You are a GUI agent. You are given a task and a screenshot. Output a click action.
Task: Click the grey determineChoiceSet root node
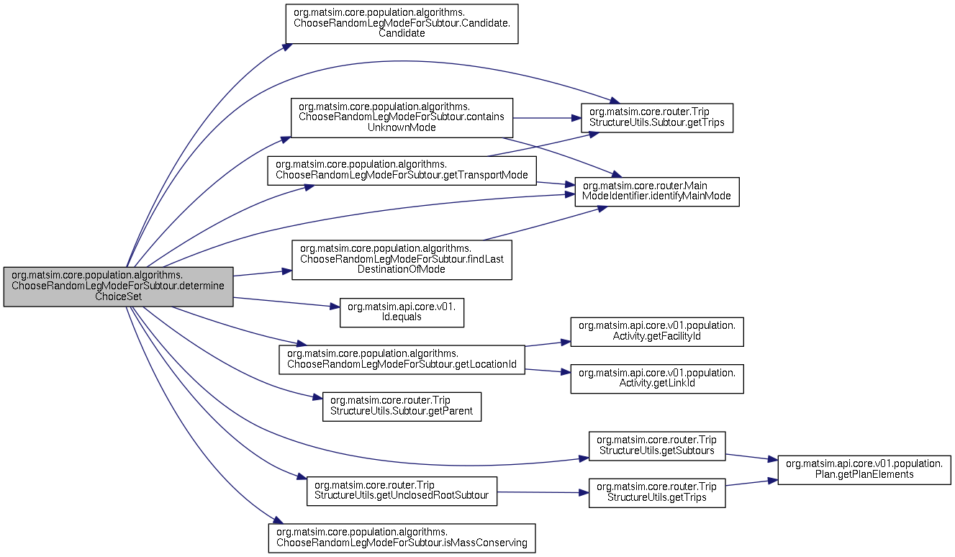pyautogui.click(x=119, y=286)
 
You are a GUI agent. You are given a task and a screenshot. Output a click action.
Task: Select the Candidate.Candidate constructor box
pyautogui.click(x=402, y=24)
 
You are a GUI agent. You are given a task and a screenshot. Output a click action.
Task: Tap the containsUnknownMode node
pyautogui.click(x=402, y=117)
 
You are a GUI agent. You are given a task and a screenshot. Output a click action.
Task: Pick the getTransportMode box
pyautogui.click(x=402, y=171)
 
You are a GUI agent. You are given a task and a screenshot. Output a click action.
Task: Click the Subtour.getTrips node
pyautogui.click(x=657, y=117)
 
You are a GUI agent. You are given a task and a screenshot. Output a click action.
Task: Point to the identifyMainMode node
pyautogui.click(x=657, y=191)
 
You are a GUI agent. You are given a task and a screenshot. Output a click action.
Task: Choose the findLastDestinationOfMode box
pyautogui.click(x=402, y=260)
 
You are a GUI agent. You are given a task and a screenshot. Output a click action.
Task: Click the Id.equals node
pyautogui.click(x=402, y=313)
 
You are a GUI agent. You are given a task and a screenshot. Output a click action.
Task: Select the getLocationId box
pyautogui.click(x=402, y=360)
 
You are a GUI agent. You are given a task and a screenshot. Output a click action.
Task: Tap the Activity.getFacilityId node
pyautogui.click(x=657, y=332)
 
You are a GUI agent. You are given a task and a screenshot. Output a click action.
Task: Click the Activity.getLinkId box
pyautogui.click(x=657, y=379)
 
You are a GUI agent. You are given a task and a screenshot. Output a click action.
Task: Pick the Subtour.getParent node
pyautogui.click(x=402, y=407)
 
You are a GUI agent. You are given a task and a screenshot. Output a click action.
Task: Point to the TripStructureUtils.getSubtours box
pyautogui.click(x=657, y=445)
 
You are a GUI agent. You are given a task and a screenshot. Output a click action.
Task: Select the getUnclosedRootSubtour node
pyautogui.click(x=402, y=491)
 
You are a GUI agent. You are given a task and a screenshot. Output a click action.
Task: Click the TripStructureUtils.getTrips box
pyautogui.click(x=657, y=493)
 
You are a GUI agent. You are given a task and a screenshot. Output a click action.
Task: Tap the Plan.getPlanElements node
pyautogui.click(x=864, y=470)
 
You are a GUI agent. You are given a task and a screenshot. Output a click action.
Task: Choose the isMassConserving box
pyautogui.click(x=402, y=538)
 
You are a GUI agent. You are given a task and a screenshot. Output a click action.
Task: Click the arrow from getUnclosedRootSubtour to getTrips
pyautogui.click(x=543, y=492)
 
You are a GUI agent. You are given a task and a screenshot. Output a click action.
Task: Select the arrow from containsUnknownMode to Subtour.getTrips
pyautogui.click(x=547, y=117)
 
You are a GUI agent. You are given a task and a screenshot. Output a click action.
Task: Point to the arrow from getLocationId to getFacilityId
pyautogui.click(x=548, y=344)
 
